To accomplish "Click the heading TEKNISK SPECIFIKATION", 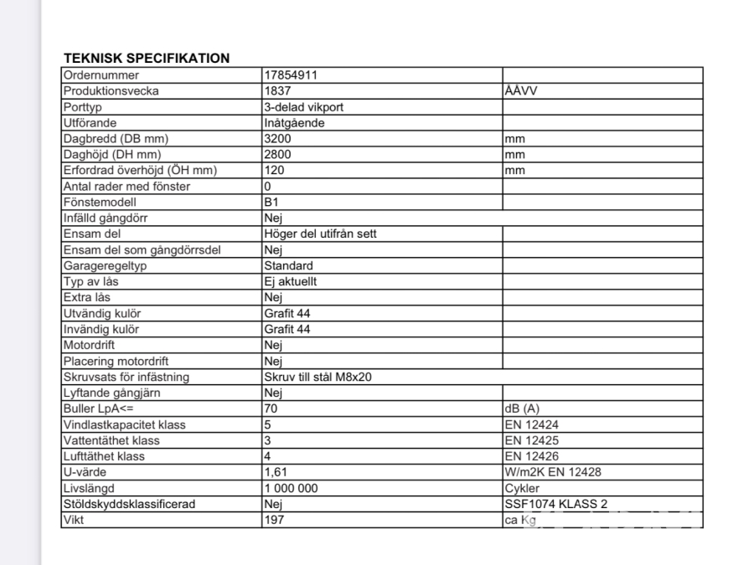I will (147, 59).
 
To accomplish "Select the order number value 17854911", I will (290, 75).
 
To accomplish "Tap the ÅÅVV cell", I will (521, 91).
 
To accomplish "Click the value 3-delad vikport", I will (303, 107).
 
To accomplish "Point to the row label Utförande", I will (90, 123).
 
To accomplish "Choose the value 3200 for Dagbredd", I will (277, 139).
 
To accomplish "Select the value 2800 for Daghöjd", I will (277, 155).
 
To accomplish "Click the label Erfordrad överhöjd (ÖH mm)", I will (140, 171).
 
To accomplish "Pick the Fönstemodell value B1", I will (271, 203).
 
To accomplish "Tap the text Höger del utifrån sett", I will (320, 234).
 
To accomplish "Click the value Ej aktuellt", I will (290, 282).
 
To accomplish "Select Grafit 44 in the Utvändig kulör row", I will (287, 314).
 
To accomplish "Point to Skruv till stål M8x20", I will (318, 378).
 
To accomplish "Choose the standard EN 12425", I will (532, 441).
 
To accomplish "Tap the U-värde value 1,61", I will (276, 473).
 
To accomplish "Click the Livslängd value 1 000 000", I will (291, 489).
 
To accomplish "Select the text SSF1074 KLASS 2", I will (556, 505).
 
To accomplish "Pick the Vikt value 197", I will (273, 521).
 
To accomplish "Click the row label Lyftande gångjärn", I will (112, 393).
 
